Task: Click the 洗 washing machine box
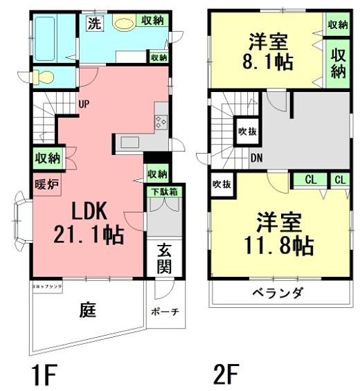[94, 22]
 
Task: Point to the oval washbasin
[125, 24]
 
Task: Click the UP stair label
[84, 104]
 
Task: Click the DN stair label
[257, 158]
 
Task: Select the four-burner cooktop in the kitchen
[161, 123]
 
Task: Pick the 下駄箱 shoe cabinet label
[163, 190]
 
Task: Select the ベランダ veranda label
[278, 293]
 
